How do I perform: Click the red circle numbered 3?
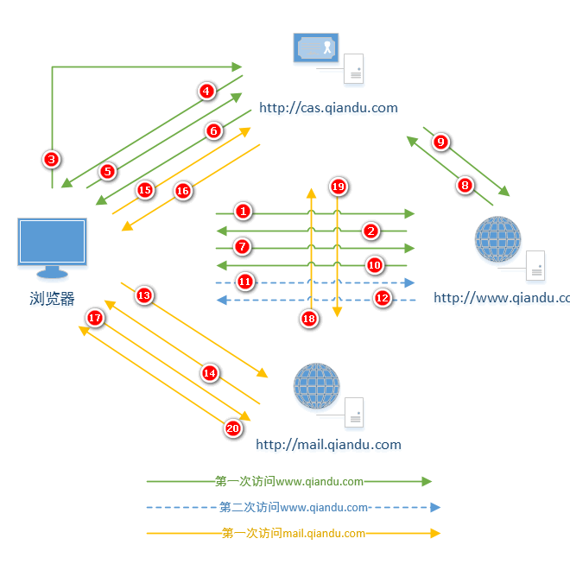click(52, 159)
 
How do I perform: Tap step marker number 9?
click(440, 143)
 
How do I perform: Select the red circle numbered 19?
click(338, 187)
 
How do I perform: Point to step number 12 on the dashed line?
click(383, 298)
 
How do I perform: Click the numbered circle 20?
click(232, 428)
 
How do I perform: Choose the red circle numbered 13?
click(143, 295)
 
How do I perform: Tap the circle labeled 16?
click(182, 192)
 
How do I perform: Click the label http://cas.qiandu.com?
click(328, 108)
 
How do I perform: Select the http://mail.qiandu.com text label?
click(328, 445)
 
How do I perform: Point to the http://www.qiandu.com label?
click(501, 298)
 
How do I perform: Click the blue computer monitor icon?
click(52, 247)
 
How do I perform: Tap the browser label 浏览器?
click(52, 300)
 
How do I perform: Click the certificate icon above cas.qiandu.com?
click(316, 48)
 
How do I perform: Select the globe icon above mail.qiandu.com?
click(316, 386)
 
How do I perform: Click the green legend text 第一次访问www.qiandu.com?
click(289, 481)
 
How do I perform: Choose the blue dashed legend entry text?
click(294, 507)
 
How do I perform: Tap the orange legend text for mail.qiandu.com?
click(294, 533)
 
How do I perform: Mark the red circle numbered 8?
click(465, 185)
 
